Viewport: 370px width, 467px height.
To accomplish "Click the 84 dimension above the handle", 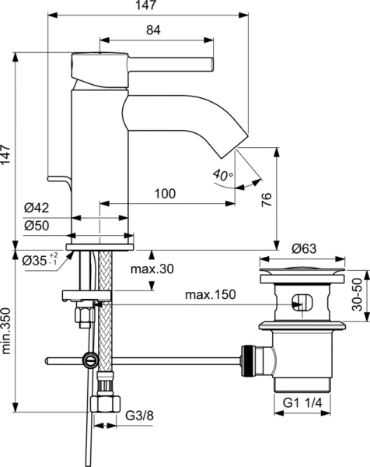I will tap(153, 30).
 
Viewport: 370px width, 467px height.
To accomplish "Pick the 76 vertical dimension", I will tap(266, 198).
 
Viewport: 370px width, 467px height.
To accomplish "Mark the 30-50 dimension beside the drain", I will tap(358, 296).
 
